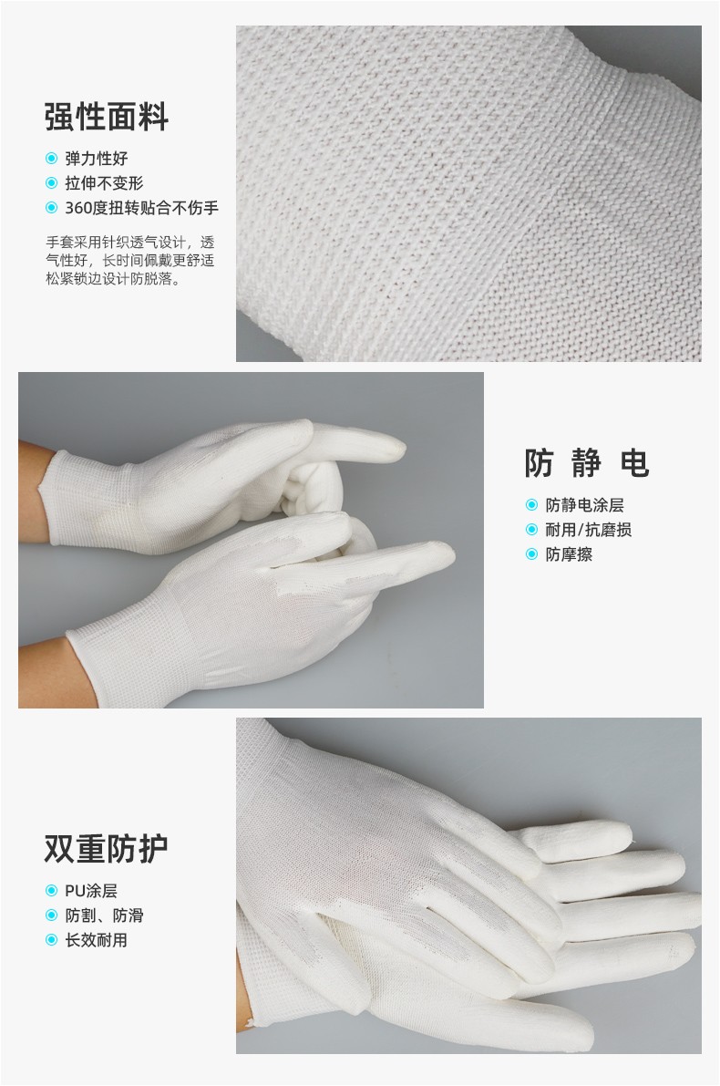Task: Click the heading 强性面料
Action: coord(107,117)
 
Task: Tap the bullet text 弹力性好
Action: coord(97,159)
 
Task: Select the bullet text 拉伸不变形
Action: coord(104,183)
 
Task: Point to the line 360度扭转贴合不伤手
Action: coord(141,208)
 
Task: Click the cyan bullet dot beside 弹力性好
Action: coord(50,159)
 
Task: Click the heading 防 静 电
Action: coord(586,462)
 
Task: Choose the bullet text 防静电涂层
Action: coord(584,505)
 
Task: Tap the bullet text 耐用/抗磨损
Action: coord(589,530)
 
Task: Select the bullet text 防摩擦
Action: coord(569,554)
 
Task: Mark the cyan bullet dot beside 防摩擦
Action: coord(531,554)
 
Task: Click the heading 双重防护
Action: coord(107,848)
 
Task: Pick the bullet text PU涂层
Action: coord(91,891)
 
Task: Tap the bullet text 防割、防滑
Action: coord(104,915)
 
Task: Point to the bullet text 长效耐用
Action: coord(97,940)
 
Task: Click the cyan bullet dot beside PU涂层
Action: coord(50,891)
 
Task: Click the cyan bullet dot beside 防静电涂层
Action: coord(531,505)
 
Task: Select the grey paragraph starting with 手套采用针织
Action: coord(130,261)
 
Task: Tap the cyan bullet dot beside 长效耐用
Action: coord(50,940)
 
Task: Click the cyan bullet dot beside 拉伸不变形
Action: coord(50,183)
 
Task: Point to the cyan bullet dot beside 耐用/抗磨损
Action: coord(531,530)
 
